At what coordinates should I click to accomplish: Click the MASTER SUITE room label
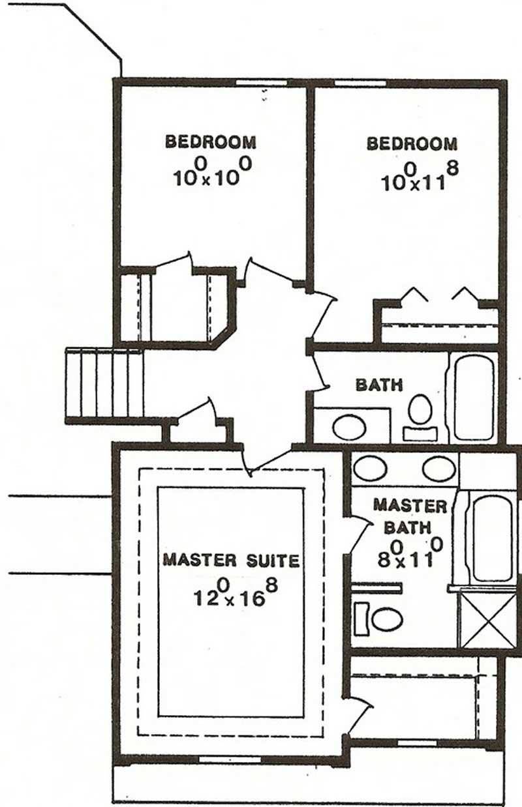click(231, 560)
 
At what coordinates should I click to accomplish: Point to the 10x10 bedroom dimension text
click(213, 172)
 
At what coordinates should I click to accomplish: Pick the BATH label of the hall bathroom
click(378, 385)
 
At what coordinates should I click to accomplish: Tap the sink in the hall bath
click(349, 428)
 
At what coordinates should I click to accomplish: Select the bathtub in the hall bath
click(473, 396)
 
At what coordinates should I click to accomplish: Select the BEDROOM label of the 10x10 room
click(210, 141)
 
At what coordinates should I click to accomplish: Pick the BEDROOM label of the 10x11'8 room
click(412, 143)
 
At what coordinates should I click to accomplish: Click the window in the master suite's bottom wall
click(224, 759)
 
